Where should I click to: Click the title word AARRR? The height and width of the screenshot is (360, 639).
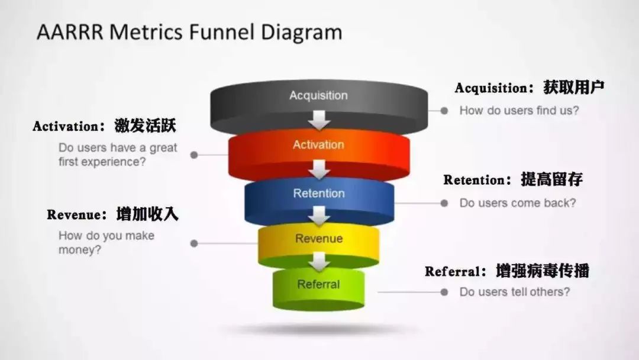pyautogui.click(x=70, y=32)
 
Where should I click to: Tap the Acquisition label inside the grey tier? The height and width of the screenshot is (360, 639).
pyautogui.click(x=319, y=95)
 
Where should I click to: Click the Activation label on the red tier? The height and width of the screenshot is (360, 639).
pyautogui.click(x=319, y=144)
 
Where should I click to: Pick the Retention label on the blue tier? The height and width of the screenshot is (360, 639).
pyautogui.click(x=319, y=193)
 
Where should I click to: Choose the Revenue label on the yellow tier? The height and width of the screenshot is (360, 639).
pyautogui.click(x=319, y=239)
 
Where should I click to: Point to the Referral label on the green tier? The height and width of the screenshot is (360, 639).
pyautogui.click(x=318, y=284)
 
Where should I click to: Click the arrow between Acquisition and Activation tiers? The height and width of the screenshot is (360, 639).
pyautogui.click(x=319, y=120)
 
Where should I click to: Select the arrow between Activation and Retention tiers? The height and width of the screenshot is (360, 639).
pyautogui.click(x=319, y=169)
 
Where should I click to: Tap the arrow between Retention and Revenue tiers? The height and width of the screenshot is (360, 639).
pyautogui.click(x=319, y=216)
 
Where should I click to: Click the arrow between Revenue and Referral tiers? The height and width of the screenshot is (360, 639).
pyautogui.click(x=319, y=261)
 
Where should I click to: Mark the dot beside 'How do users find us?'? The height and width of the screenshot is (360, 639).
pyautogui.click(x=444, y=111)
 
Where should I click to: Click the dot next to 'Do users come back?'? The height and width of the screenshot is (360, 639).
pyautogui.click(x=444, y=203)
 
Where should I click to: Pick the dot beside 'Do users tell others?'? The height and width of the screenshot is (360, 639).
pyautogui.click(x=444, y=292)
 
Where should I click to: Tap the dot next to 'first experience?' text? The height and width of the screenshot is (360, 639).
pyautogui.click(x=194, y=155)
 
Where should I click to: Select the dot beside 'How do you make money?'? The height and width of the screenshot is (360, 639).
pyautogui.click(x=194, y=243)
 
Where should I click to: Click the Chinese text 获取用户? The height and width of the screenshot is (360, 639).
pyautogui.click(x=574, y=87)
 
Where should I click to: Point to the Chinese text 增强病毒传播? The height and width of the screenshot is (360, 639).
pyautogui.click(x=543, y=271)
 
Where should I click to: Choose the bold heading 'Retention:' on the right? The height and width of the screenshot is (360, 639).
pyautogui.click(x=477, y=180)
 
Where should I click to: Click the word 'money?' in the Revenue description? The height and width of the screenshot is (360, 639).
pyautogui.click(x=80, y=250)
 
